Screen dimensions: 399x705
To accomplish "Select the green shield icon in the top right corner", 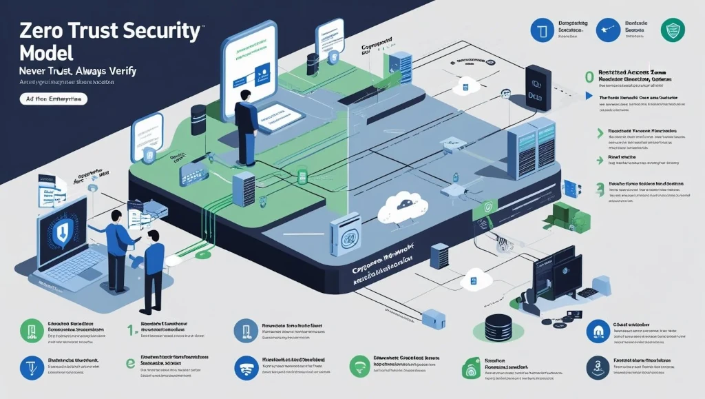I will click(x=672, y=29).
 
